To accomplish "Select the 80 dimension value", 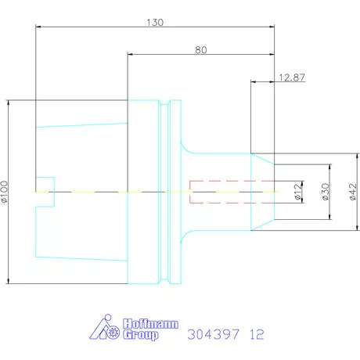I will (201, 50).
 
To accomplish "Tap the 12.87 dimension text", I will (291, 77).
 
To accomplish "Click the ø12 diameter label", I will (297, 193).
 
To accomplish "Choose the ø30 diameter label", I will (324, 193).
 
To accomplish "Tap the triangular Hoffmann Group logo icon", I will (106, 329).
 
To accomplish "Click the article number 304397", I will (214, 334).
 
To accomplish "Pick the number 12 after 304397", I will (256, 334).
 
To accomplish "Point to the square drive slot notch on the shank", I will (45, 192).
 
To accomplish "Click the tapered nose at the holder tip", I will (262, 192).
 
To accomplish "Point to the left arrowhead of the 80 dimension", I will (130, 55).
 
